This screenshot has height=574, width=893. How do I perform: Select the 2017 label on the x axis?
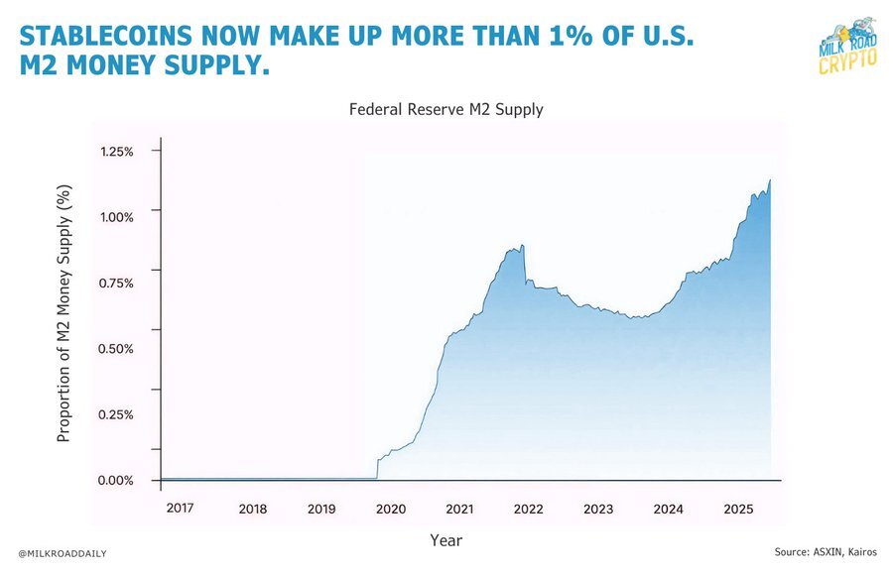point(180,508)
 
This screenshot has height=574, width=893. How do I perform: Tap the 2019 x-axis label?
point(321,510)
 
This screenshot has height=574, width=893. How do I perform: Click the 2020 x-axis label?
point(391,510)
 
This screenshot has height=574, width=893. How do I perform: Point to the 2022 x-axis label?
point(529,510)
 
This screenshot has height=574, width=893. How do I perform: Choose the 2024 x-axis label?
point(668,510)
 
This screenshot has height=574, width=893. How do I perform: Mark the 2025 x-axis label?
point(737,510)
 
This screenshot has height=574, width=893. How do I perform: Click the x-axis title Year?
point(446,541)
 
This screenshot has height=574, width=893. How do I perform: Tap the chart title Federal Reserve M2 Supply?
point(446,110)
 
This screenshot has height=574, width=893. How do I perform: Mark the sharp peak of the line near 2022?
point(522,245)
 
